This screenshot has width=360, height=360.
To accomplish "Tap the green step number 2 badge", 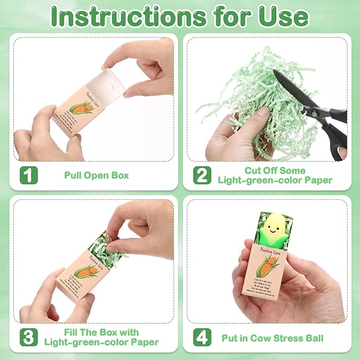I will (x=202, y=175).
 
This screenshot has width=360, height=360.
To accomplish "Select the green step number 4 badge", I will (x=202, y=337).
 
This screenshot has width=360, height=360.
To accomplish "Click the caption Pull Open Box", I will (x=96, y=175).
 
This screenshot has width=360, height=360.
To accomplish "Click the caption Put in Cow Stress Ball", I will (x=273, y=337).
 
